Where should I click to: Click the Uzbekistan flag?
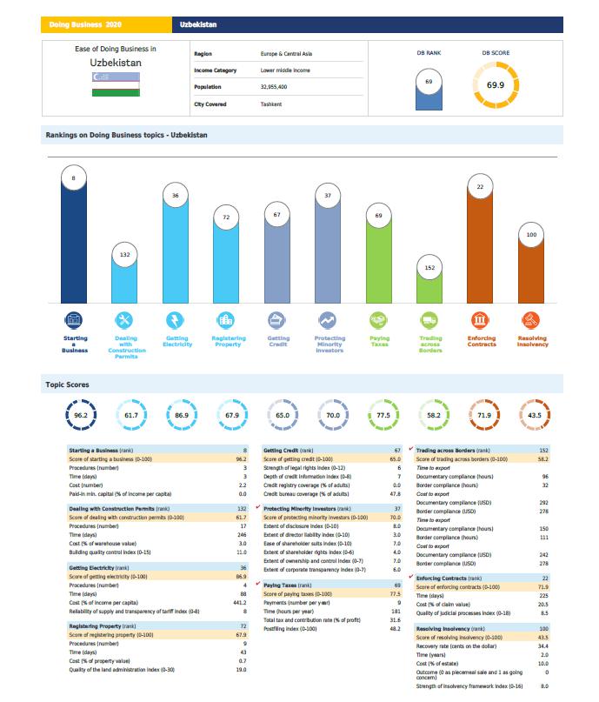click(115, 84)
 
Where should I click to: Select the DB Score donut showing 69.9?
click(496, 84)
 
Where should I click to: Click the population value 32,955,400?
click(274, 87)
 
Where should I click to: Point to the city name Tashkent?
click(270, 104)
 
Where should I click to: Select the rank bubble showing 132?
click(124, 254)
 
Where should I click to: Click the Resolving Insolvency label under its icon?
click(532, 341)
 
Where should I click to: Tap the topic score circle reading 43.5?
click(534, 415)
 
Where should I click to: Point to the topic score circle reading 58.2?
click(433, 415)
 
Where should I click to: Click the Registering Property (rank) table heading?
click(103, 625)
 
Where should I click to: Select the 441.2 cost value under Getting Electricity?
click(240, 603)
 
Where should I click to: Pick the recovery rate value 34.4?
click(543, 646)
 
